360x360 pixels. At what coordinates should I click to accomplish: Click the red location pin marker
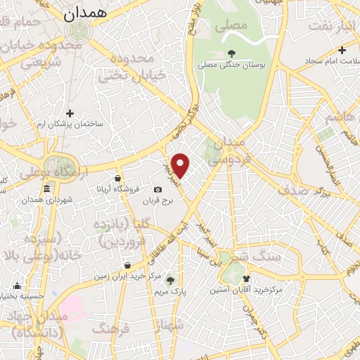[181, 165]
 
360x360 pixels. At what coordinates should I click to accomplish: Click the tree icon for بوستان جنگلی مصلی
[231, 53]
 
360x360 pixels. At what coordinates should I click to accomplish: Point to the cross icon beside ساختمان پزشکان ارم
[70, 112]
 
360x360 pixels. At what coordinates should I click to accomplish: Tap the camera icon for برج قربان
[157, 190]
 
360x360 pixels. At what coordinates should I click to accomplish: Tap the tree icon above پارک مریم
[169, 280]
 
